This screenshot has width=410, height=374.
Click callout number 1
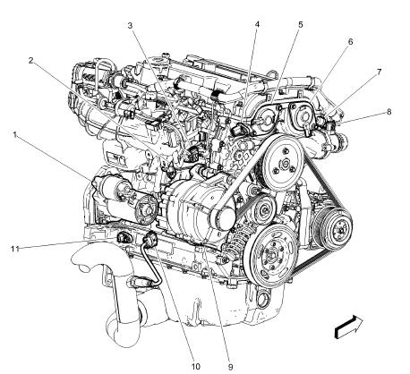15,134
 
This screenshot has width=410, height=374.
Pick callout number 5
300,25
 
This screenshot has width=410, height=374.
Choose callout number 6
349,42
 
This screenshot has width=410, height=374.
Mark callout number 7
379,71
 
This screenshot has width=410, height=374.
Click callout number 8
388,112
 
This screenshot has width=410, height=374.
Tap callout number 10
195,365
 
